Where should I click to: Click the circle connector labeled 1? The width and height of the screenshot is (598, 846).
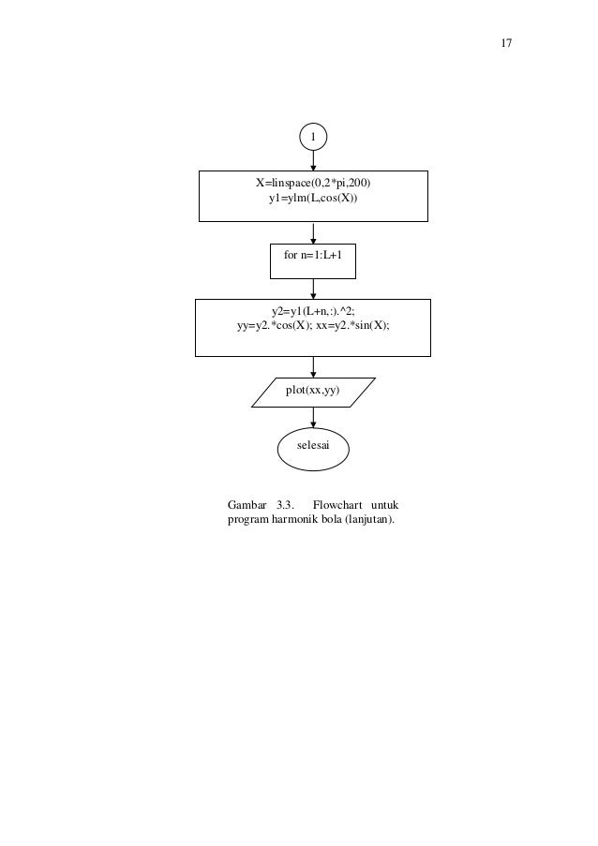click(313, 137)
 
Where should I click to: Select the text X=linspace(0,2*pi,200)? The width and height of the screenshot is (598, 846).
click(314, 185)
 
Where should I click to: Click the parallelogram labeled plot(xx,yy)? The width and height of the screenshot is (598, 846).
click(313, 392)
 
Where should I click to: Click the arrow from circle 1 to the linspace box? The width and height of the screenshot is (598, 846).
click(313, 160)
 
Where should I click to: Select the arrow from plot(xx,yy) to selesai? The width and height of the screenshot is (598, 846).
click(313, 419)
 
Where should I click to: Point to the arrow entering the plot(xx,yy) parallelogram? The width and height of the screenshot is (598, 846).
click(313, 366)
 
